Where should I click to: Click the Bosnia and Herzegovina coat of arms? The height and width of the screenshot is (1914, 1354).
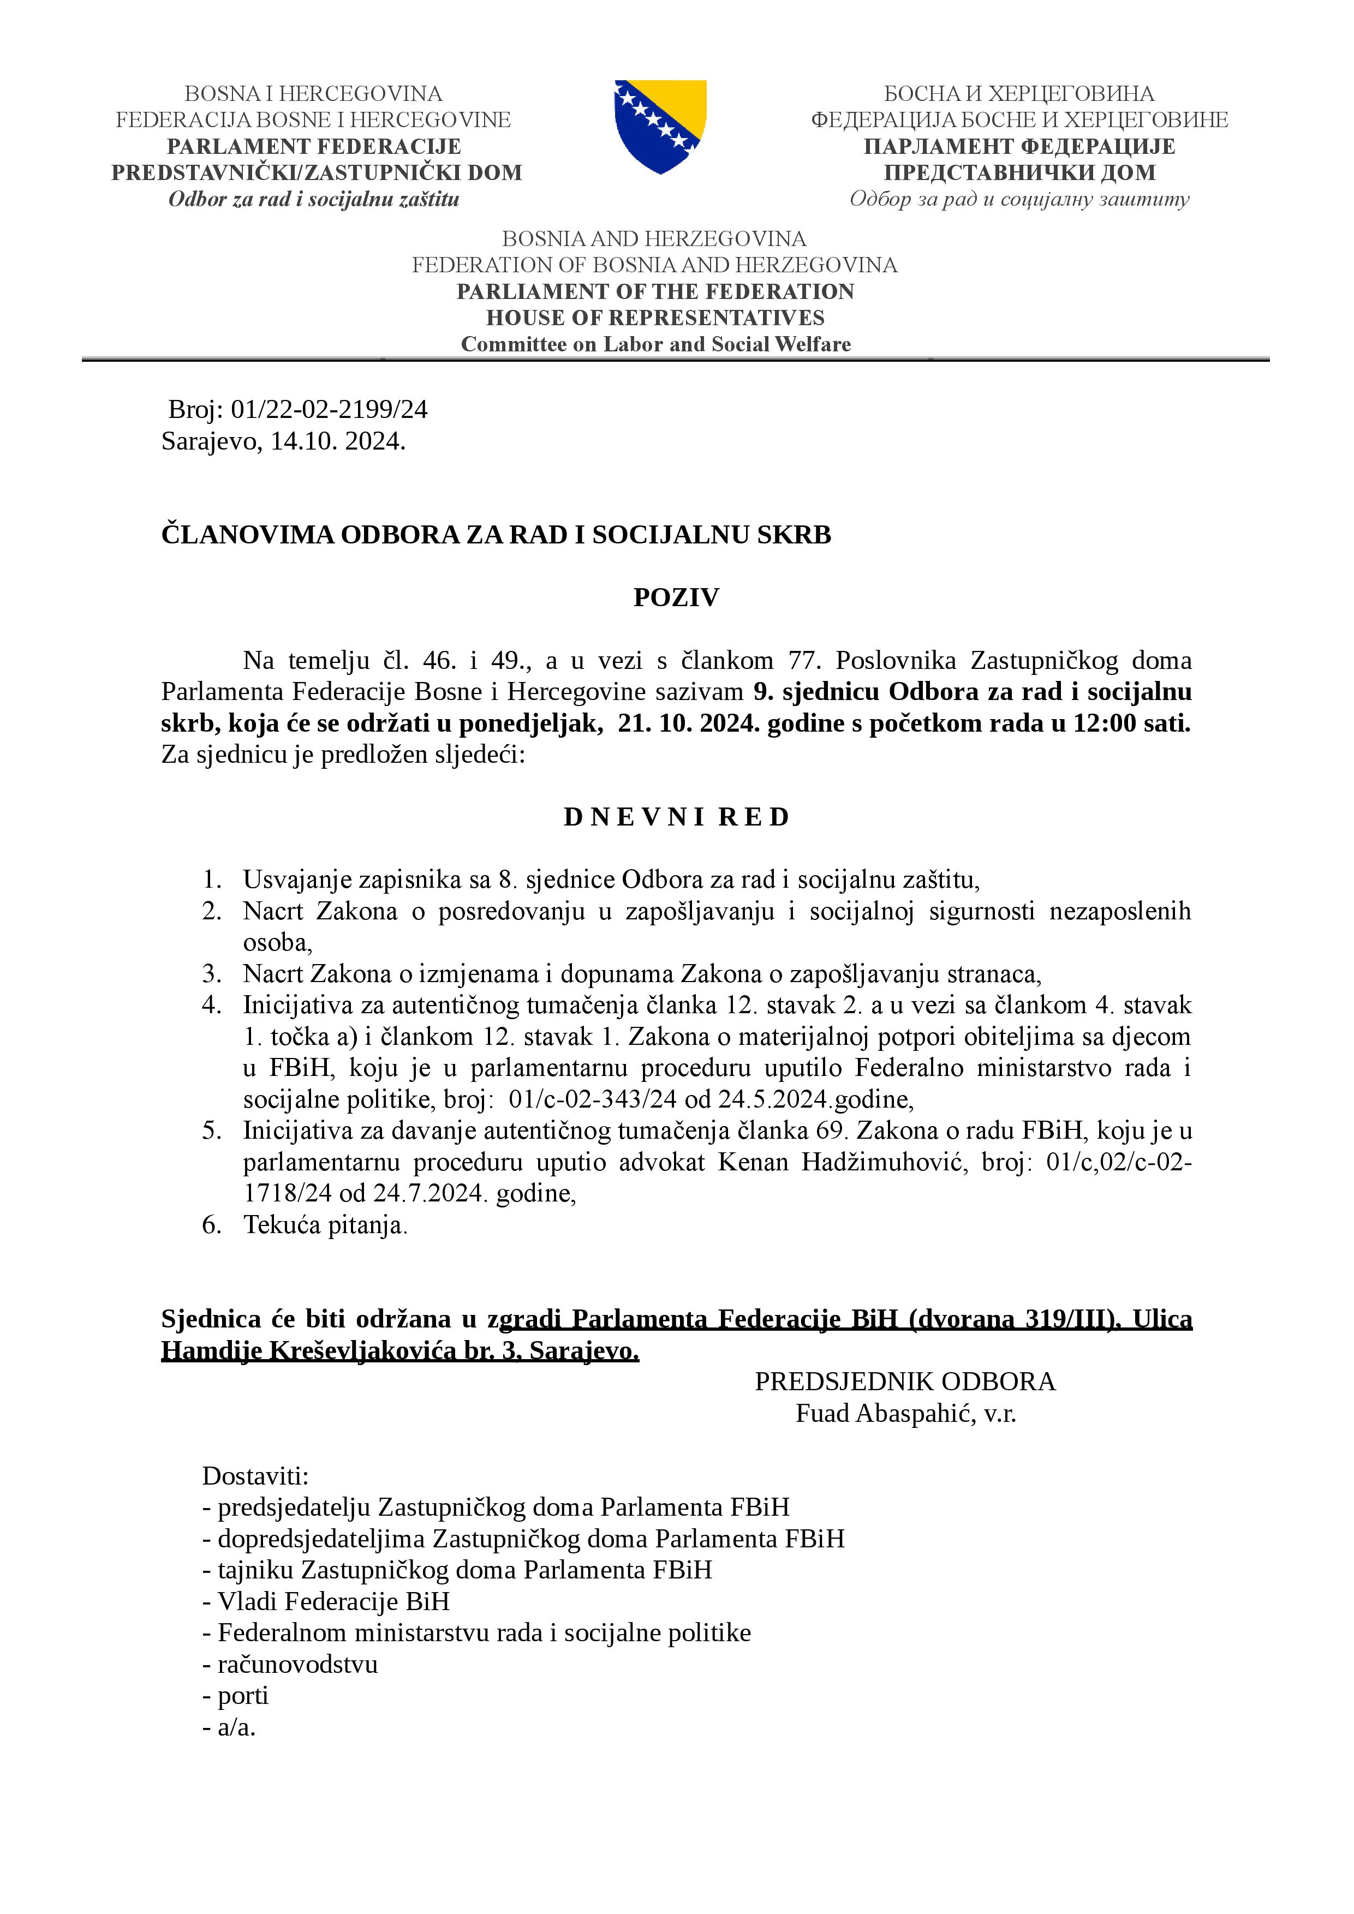[660, 126]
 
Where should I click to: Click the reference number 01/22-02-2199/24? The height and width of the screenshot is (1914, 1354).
[329, 409]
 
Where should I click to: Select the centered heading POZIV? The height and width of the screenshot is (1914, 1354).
[676, 597]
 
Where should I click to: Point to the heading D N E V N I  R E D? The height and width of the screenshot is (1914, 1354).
[676, 817]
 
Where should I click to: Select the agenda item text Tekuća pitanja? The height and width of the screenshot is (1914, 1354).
[324, 1224]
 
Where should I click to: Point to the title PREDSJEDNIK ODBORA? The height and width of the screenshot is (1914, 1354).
[905, 1381]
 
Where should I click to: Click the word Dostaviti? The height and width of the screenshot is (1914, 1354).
[255, 1476]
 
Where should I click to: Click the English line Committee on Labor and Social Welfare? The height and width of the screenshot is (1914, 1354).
[656, 344]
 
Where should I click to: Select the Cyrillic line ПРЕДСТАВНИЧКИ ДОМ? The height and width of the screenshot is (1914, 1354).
[1019, 172]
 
